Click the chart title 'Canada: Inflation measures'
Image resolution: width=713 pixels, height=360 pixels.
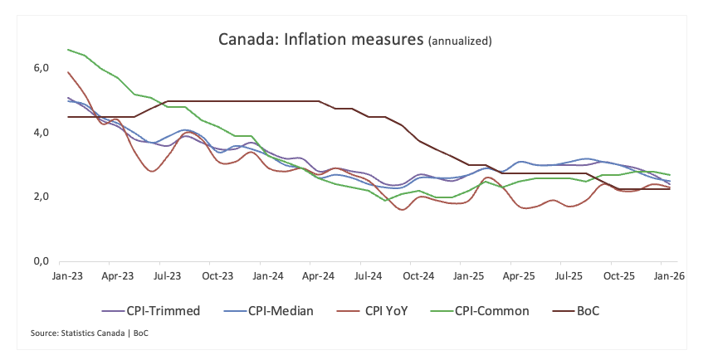pyautogui.click(x=320, y=39)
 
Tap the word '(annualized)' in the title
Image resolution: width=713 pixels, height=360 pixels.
pyautogui.click(x=460, y=41)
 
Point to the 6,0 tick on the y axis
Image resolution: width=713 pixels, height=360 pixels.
pyautogui.click(x=41, y=68)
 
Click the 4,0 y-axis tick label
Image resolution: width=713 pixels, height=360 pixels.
pyautogui.click(x=41, y=133)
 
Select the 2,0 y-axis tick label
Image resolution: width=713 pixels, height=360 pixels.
pyautogui.click(x=41, y=197)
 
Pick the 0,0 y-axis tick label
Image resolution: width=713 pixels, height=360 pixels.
pyautogui.click(x=41, y=262)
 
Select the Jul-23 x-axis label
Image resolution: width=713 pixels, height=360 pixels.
pyautogui.click(x=168, y=275)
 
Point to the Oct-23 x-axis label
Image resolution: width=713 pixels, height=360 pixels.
pyautogui.click(x=217, y=275)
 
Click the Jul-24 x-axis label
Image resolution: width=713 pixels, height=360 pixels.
pyautogui.click(x=369, y=275)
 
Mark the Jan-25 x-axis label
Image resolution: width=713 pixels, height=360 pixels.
pyautogui.click(x=469, y=275)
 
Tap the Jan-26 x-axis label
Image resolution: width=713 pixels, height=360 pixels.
pyautogui.click(x=669, y=275)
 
